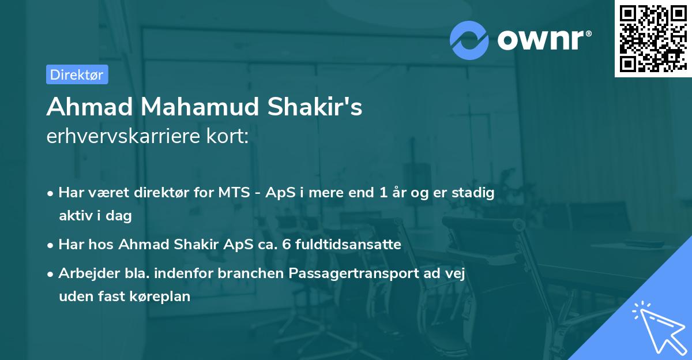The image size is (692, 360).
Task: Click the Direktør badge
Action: [x=77, y=75]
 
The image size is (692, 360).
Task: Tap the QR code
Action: [x=653, y=39]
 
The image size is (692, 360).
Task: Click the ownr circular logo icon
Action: [x=469, y=40]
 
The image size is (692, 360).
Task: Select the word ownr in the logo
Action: [x=539, y=40]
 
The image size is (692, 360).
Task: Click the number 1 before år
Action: [x=382, y=193]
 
